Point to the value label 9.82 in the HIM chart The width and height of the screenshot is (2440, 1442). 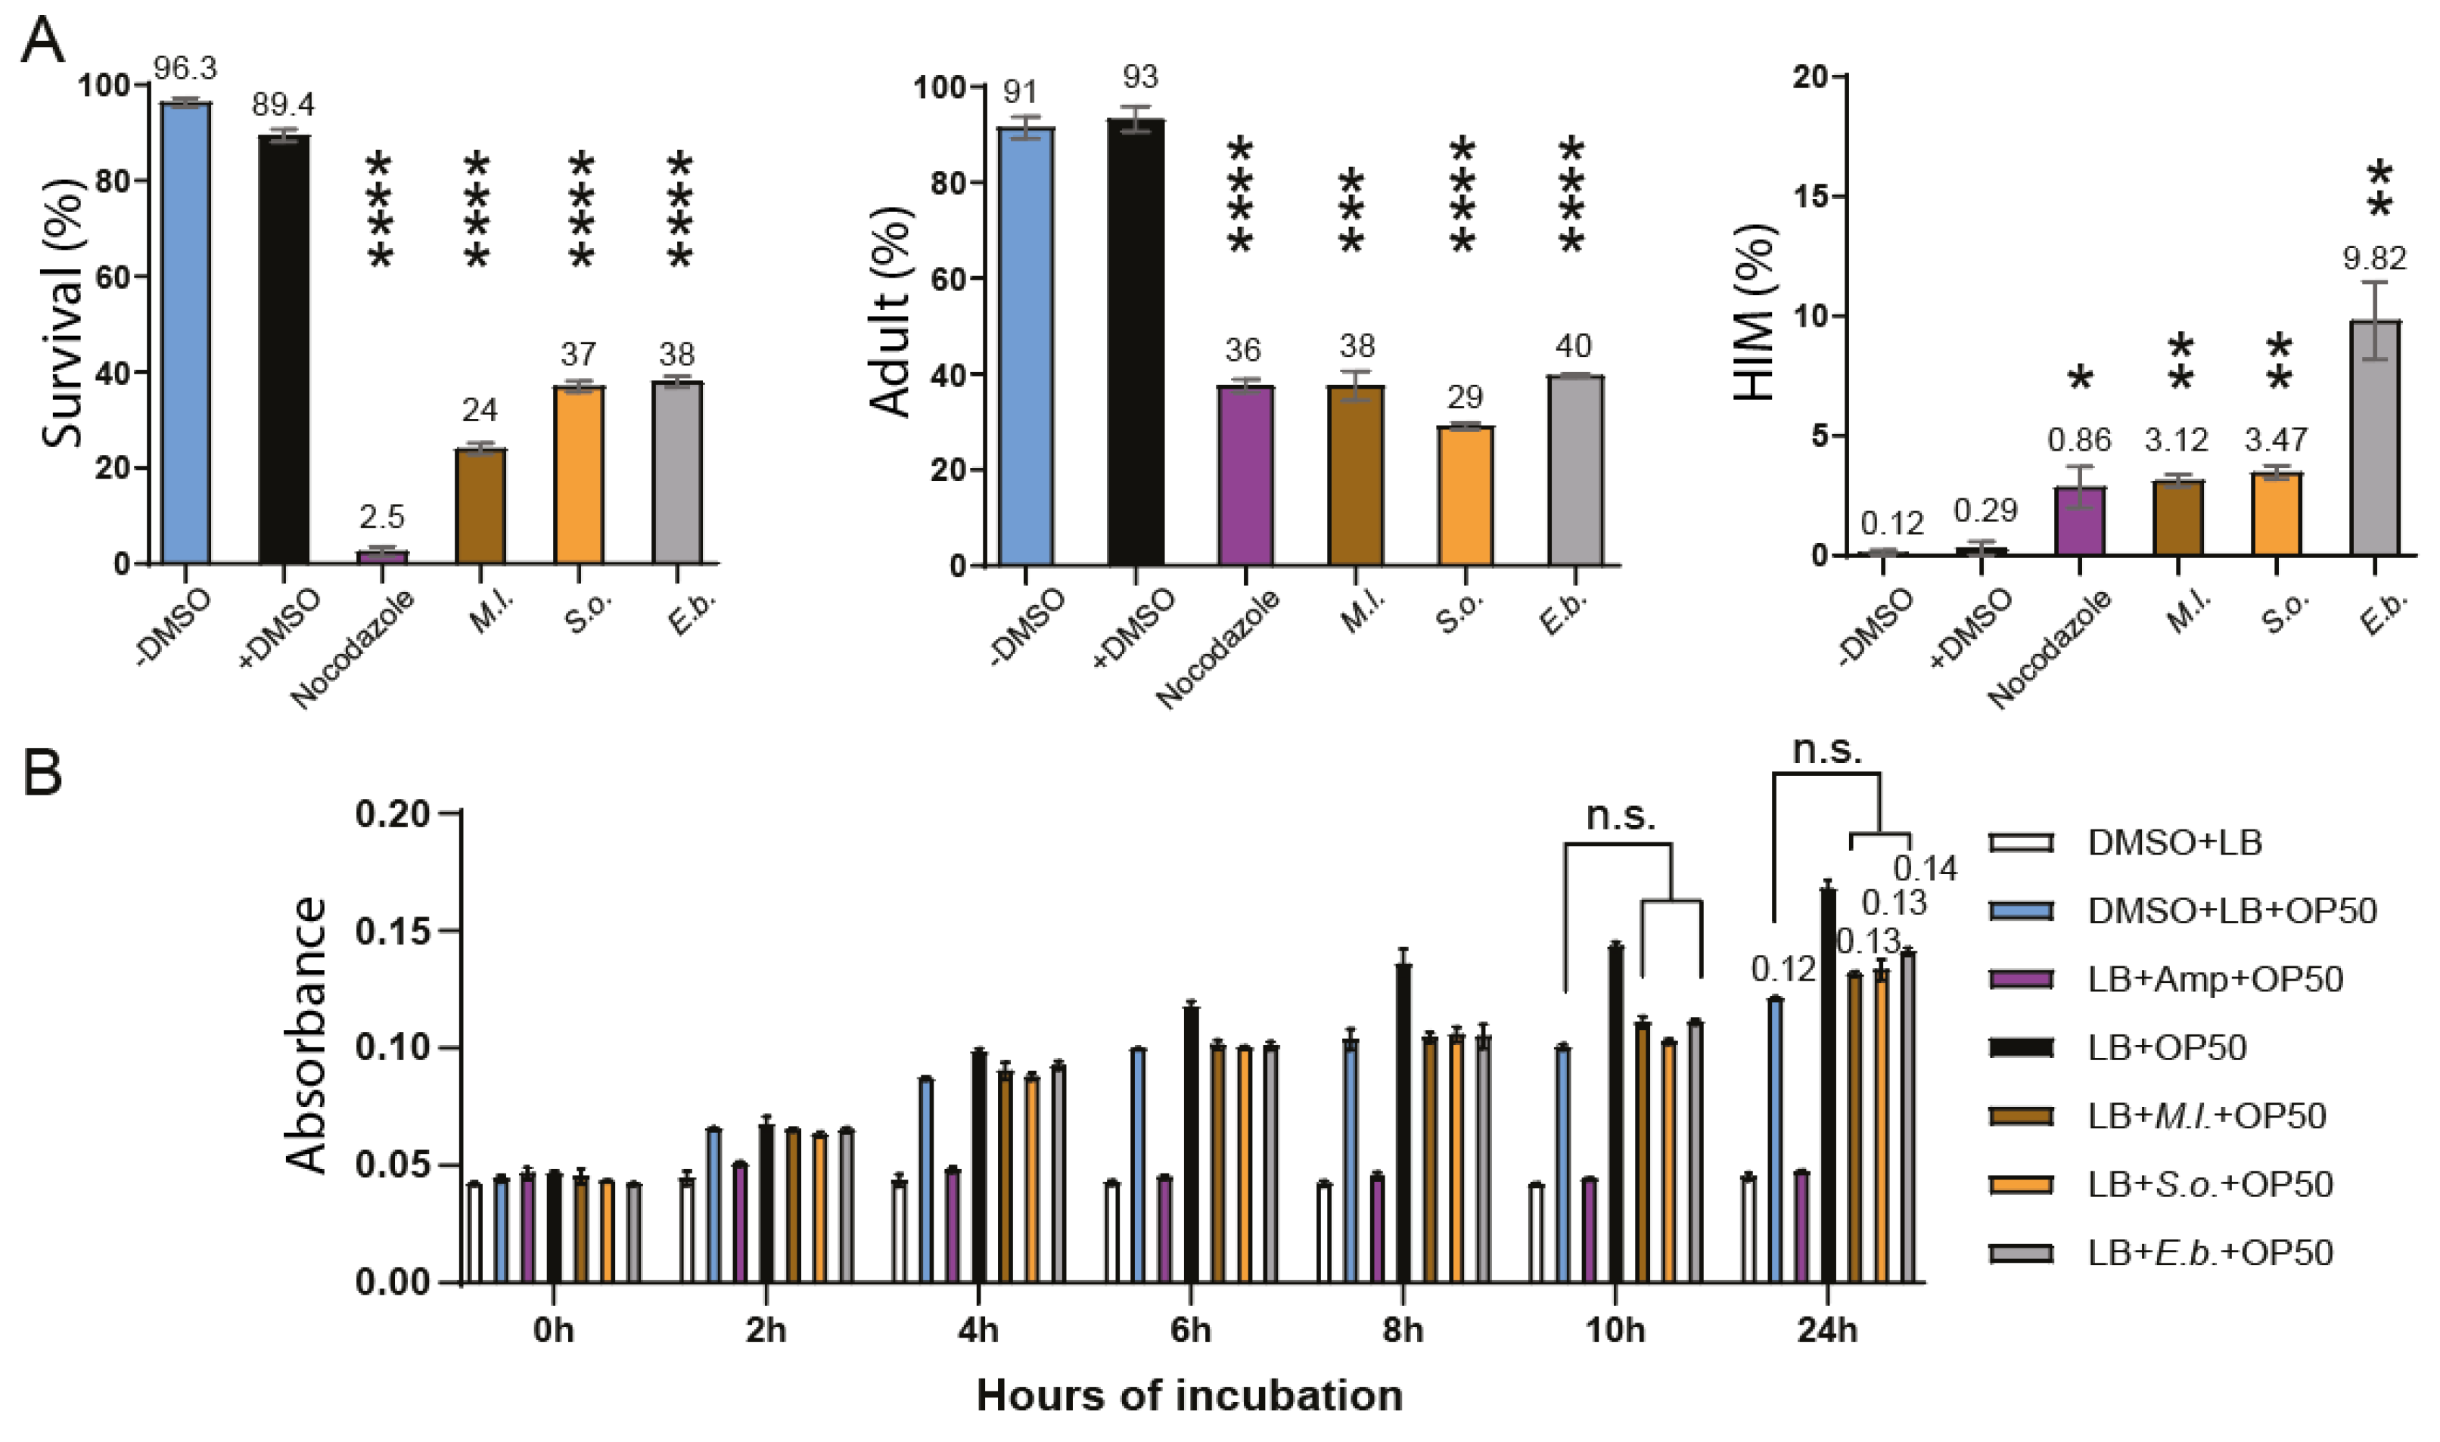point(2375,259)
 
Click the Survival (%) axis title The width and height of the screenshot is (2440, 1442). point(61,313)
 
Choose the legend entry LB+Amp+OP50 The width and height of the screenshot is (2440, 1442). point(2215,978)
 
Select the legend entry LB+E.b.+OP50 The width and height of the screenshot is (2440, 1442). point(2209,1252)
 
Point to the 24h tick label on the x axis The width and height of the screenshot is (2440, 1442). point(1826,1329)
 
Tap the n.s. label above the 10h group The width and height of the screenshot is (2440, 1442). point(1620,816)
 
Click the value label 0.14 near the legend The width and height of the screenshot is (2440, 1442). point(1925,868)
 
